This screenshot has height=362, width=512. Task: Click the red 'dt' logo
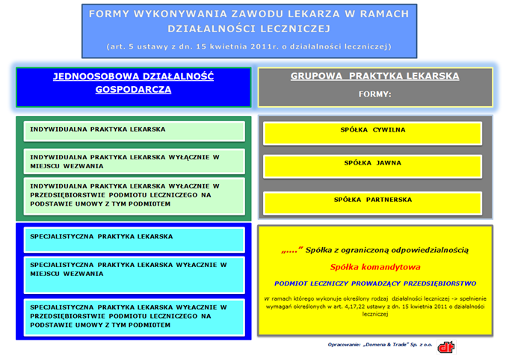click(x=446, y=347)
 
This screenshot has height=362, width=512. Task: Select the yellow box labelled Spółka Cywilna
click(x=372, y=133)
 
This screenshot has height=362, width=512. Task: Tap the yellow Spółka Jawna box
click(x=372, y=167)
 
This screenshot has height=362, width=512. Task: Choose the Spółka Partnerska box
click(x=372, y=203)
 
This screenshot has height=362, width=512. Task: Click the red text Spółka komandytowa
click(x=375, y=267)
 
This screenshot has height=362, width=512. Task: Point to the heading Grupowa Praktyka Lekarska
click(x=375, y=76)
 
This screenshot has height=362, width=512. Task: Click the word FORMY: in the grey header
click(x=375, y=94)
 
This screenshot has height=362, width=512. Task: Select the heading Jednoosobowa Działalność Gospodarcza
click(x=133, y=83)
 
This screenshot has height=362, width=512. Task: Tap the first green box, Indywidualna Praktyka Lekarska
click(x=135, y=132)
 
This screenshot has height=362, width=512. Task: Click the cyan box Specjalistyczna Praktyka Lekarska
click(x=135, y=240)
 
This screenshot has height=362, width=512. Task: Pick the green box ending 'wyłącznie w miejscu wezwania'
click(x=135, y=162)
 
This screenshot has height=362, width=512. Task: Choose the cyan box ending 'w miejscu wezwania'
click(x=135, y=275)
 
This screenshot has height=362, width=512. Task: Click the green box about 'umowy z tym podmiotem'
click(x=135, y=197)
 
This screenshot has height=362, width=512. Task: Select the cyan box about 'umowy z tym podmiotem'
click(x=135, y=317)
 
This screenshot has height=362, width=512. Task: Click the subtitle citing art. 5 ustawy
click(x=249, y=46)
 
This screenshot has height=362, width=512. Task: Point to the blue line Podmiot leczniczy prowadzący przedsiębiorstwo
click(x=375, y=283)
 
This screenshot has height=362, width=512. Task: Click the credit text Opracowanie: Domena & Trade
click(x=380, y=345)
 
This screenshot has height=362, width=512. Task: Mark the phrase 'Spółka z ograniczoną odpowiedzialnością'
click(x=387, y=251)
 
